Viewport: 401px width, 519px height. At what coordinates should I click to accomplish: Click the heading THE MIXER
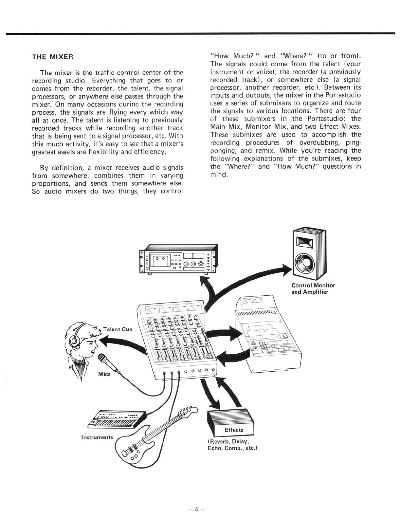[x=52, y=57]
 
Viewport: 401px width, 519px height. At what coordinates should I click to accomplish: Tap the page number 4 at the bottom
[x=196, y=509]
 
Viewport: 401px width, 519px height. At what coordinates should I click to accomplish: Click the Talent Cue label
[x=118, y=329]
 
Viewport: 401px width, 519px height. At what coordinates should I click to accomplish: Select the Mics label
[x=104, y=374]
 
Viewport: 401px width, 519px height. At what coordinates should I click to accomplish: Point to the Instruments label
[x=97, y=437]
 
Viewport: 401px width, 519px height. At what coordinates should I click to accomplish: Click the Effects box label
[x=234, y=430]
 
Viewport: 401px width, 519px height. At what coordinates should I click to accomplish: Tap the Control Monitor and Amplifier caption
[x=313, y=288]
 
